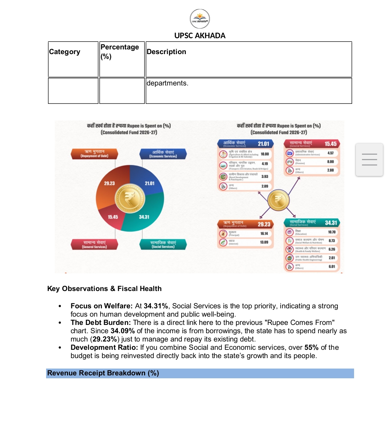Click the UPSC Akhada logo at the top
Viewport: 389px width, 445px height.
click(x=200, y=19)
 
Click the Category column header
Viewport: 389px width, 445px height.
click(x=64, y=52)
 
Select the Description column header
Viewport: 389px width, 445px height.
click(x=166, y=52)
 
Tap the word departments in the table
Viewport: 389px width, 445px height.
click(x=167, y=83)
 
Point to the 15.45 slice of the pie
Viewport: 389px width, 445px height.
click(x=113, y=217)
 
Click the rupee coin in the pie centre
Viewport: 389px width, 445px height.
click(x=130, y=198)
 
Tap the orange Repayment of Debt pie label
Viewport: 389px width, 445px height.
click(x=94, y=154)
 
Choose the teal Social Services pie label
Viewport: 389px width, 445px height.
click(x=163, y=244)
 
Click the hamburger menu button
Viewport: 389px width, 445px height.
click(x=369, y=159)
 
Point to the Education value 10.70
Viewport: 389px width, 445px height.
click(x=332, y=232)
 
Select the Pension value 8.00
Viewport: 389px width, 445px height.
click(x=330, y=162)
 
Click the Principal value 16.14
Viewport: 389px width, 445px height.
click(x=264, y=234)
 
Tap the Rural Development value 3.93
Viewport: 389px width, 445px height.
click(x=265, y=177)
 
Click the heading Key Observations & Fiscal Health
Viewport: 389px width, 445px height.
click(x=104, y=289)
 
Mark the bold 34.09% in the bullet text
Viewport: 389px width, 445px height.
click(x=122, y=331)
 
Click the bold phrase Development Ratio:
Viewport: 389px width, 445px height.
click(x=104, y=348)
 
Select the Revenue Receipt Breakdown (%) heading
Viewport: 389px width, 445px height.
click(x=103, y=373)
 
